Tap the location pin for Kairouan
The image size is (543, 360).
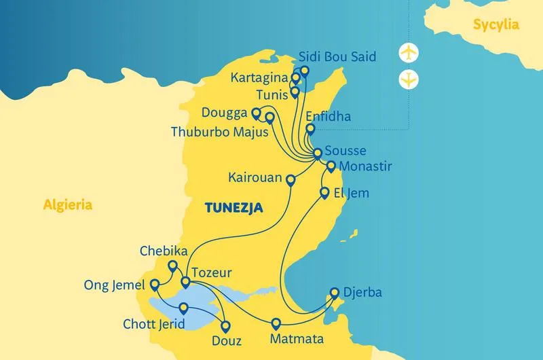coord(291,180)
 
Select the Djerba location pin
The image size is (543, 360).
coord(334,293)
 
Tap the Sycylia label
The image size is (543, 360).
coord(497,25)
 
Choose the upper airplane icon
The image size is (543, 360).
coord(409,52)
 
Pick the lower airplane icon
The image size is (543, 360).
coord(409,79)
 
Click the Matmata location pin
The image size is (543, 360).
coord(276,323)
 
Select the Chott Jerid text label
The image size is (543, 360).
coord(153,325)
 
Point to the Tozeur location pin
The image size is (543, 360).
coord(185,281)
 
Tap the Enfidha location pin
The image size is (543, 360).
coord(310,128)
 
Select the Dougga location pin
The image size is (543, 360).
coord(256,113)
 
